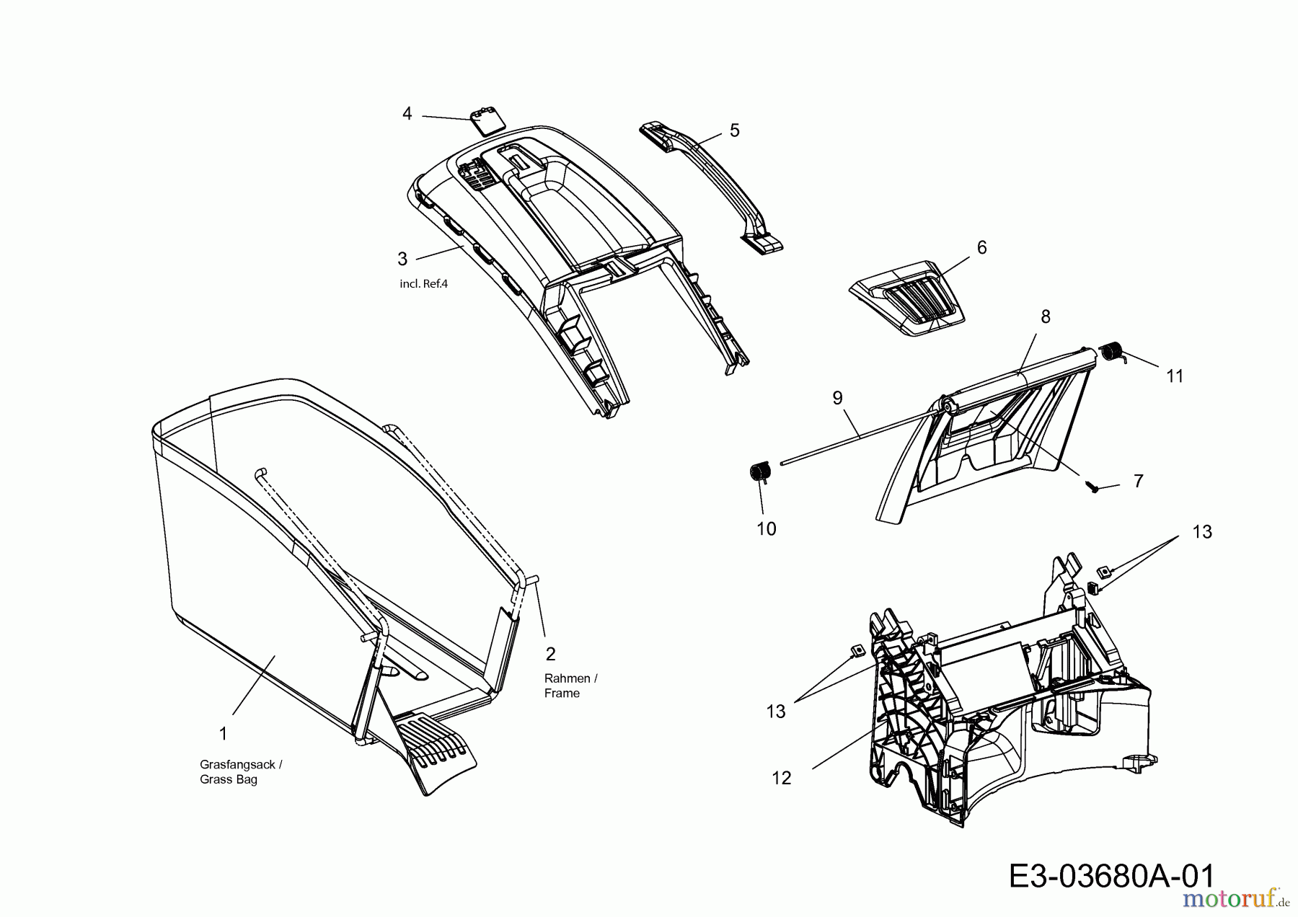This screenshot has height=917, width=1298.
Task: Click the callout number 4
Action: pyautogui.click(x=407, y=114)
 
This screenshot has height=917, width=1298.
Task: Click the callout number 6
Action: pyautogui.click(x=981, y=247)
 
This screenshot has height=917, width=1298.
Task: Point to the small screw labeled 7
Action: pyautogui.click(x=1095, y=488)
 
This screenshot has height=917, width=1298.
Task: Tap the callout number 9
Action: pyautogui.click(x=837, y=398)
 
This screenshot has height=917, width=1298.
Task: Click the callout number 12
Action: pyautogui.click(x=782, y=778)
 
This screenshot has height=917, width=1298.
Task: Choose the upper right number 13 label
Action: pyautogui.click(x=1202, y=532)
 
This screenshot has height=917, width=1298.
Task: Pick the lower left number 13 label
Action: pyautogui.click(x=776, y=712)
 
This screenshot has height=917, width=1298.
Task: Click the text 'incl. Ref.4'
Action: pyautogui.click(x=423, y=284)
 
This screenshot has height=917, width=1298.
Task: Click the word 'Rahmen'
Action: pyautogui.click(x=567, y=678)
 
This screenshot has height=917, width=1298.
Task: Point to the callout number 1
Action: pyautogui.click(x=224, y=734)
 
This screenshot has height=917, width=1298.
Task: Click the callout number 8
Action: pyautogui.click(x=1046, y=316)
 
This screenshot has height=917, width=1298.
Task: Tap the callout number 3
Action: pyautogui.click(x=402, y=259)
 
